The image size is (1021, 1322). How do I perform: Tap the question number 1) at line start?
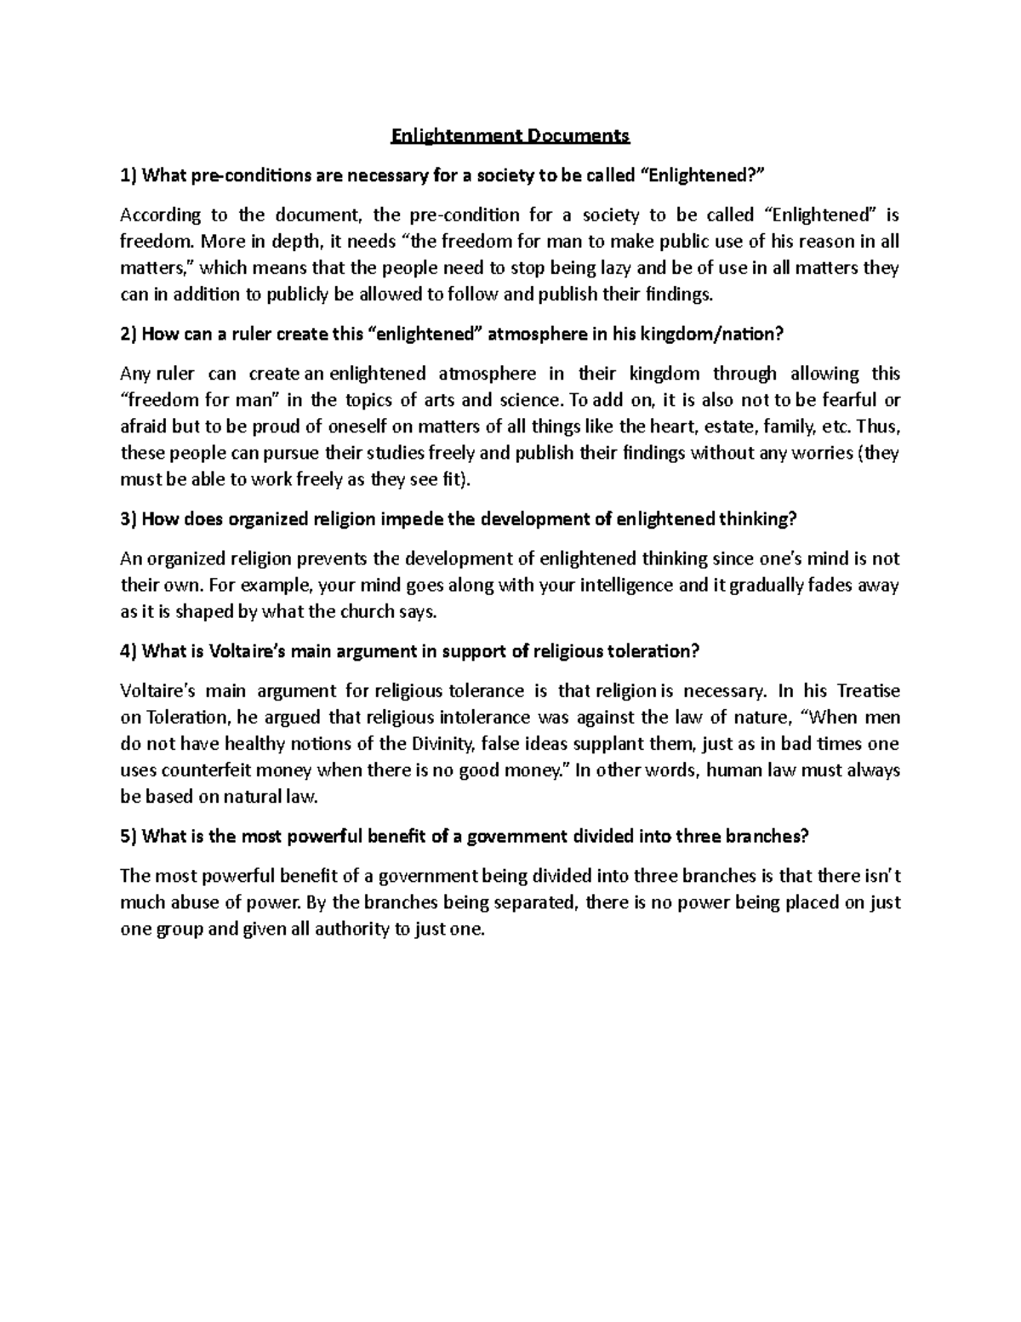coord(128,176)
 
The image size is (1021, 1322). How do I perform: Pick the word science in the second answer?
coord(528,400)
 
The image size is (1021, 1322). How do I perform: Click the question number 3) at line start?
coord(128,519)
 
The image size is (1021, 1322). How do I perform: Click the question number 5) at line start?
coord(128,836)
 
